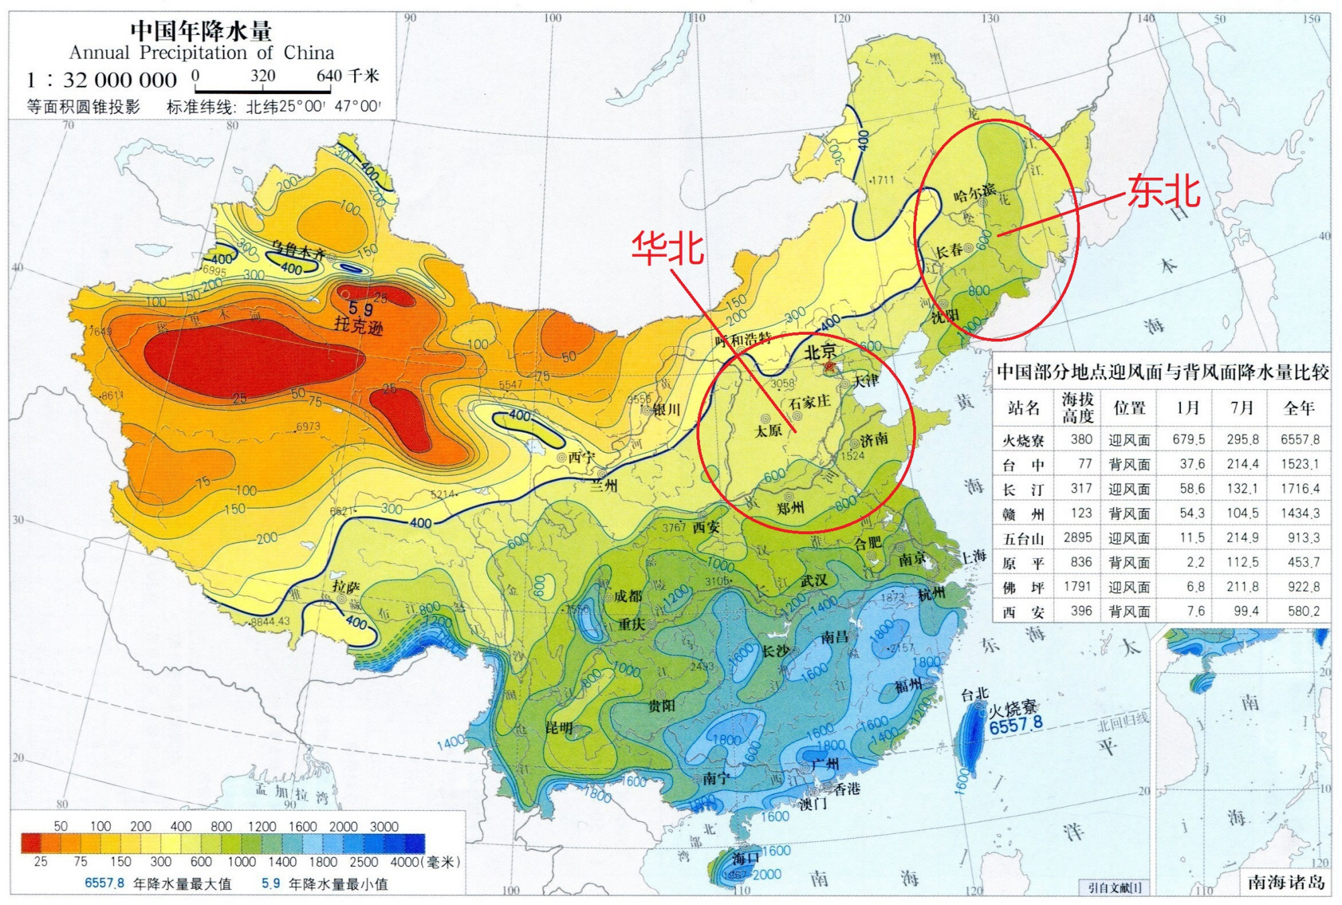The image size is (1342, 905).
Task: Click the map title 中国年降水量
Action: (201, 30)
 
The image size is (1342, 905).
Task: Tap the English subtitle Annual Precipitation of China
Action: (201, 52)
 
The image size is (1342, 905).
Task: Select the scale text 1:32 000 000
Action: (101, 81)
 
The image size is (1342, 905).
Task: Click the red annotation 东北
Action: (1164, 191)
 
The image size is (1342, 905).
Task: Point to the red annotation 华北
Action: (667, 248)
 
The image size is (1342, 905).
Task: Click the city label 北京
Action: (820, 351)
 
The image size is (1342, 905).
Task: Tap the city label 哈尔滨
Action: (974, 193)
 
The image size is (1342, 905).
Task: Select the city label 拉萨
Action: (346, 586)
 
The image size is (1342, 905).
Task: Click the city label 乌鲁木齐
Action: (299, 251)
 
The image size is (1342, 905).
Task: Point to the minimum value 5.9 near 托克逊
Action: (360, 309)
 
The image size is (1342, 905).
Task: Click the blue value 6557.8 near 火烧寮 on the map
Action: (1016, 725)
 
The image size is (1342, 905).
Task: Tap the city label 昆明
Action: (559, 729)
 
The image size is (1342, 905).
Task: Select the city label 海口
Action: (745, 859)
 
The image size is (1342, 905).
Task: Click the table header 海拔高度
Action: (1078, 407)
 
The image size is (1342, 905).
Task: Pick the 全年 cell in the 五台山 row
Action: (1300, 538)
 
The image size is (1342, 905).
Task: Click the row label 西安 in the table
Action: (1023, 612)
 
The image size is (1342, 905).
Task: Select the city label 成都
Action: (628, 596)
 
